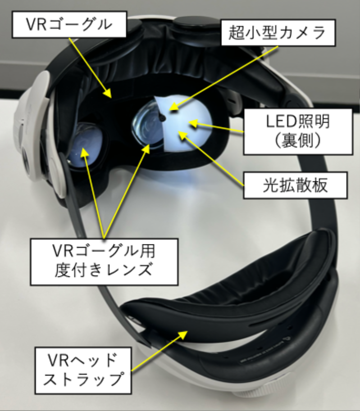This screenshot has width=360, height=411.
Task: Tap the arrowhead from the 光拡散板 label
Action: pos(182,133)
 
